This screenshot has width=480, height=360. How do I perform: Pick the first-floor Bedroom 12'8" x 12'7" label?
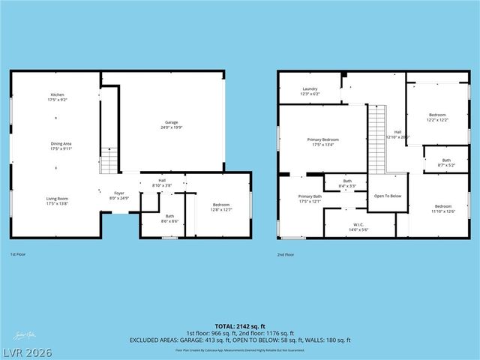(x=220, y=207)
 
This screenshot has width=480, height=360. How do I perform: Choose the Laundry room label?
(x=310, y=91)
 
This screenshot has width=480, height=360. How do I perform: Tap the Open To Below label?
(x=388, y=196)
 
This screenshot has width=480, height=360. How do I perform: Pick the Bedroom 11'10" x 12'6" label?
(x=443, y=208)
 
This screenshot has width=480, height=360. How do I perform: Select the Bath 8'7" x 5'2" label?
(x=446, y=162)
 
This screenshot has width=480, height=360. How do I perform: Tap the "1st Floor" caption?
(x=19, y=255)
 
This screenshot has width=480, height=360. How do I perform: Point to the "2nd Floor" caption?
(x=285, y=255)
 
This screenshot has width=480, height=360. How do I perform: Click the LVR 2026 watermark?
(x=26, y=350)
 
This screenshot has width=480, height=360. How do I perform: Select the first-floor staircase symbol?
(x=109, y=160)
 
